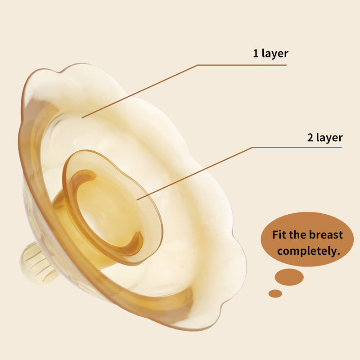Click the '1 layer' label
click(270, 54)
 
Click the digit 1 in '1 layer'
click(255, 54)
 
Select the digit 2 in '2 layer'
click(310, 137)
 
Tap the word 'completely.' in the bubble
click(308, 251)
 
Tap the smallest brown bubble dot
click(275, 293)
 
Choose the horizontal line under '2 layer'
click(297, 147)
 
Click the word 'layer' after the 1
click(275, 54)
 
